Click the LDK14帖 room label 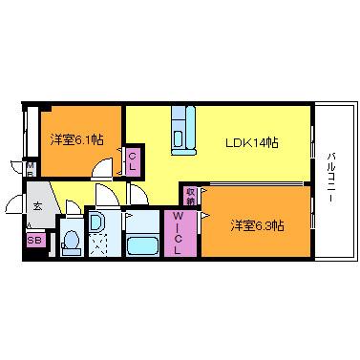[x=252, y=142]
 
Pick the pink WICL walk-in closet [x=180, y=233]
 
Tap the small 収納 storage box [x=192, y=194]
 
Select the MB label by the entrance [x=31, y=170]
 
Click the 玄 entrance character [x=38, y=205]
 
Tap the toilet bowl [x=70, y=243]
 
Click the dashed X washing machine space [x=98, y=246]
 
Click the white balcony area [x=329, y=220]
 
